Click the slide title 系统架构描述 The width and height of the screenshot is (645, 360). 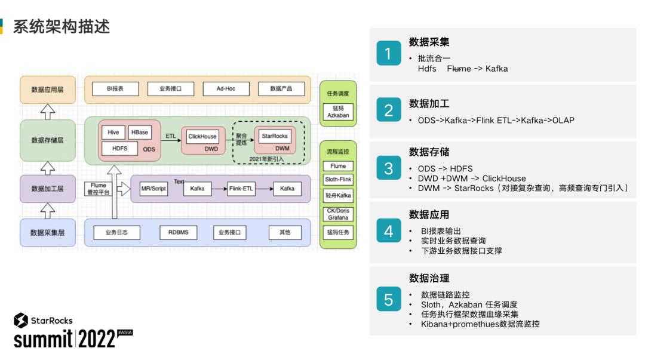pos(62,26)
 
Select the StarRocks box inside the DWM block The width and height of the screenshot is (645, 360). pos(275,136)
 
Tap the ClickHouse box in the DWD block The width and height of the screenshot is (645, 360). pos(202,137)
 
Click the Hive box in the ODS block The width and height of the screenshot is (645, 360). pos(113,133)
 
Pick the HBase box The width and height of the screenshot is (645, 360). pos(139,133)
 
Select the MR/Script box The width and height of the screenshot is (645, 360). pos(153,189)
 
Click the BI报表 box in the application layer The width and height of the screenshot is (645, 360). pos(115,89)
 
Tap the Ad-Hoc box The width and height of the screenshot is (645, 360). pos(226,89)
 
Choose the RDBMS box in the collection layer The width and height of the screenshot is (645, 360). pos(174,232)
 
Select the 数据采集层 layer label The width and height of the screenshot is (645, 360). pos(48,232)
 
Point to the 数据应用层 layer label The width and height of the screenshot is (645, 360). pos(48,90)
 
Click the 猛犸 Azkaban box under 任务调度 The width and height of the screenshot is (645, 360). pos(338,112)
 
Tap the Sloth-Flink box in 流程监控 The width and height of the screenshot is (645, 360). pos(338,179)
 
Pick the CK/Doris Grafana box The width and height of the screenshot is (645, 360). pos(338,214)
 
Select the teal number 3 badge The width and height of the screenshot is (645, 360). pos(388,169)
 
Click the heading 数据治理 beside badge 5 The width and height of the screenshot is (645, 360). pos(429,278)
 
